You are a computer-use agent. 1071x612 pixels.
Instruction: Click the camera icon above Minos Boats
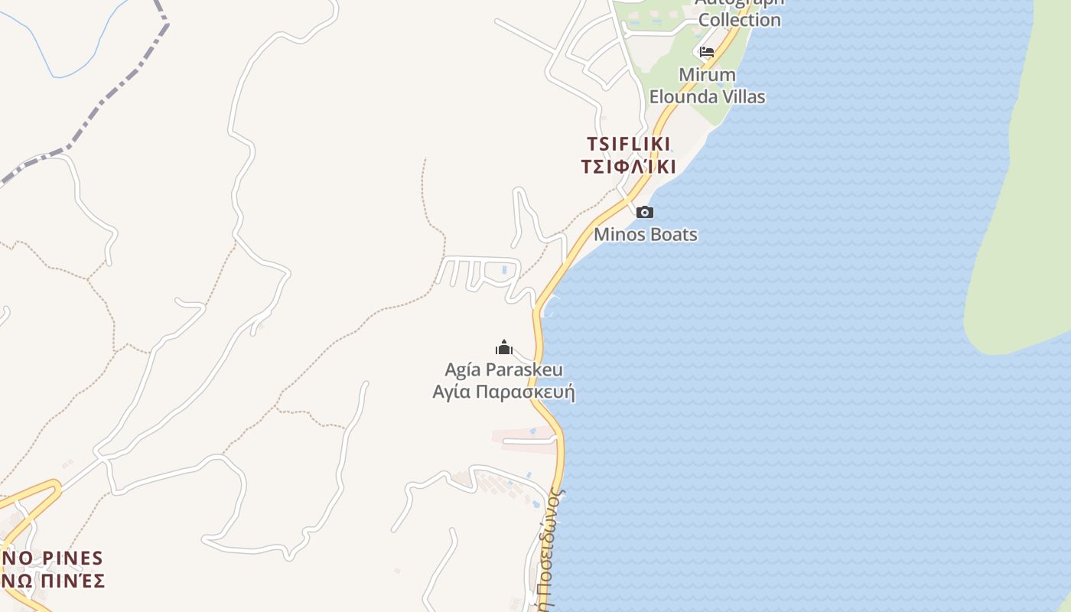645,213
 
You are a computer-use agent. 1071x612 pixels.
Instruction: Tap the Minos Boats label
646,234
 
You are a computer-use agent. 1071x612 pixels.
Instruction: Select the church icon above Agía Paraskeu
504,348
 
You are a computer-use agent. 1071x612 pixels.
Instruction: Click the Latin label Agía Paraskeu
504,370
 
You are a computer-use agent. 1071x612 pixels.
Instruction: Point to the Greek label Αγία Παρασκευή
504,392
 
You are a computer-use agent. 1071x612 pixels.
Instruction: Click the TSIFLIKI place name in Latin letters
629,144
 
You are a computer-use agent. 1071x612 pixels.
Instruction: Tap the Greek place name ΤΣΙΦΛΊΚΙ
629,167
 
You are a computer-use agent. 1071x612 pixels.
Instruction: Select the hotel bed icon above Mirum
707,52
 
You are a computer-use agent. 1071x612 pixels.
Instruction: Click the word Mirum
708,75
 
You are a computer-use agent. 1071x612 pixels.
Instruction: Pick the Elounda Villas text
708,97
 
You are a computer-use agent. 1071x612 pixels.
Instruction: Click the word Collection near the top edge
739,20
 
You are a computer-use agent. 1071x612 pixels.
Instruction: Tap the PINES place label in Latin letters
68,558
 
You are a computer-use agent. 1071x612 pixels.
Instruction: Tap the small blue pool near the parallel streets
503,269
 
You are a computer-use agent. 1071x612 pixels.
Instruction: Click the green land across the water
1025,229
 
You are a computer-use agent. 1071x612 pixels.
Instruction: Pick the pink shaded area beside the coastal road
520,435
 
